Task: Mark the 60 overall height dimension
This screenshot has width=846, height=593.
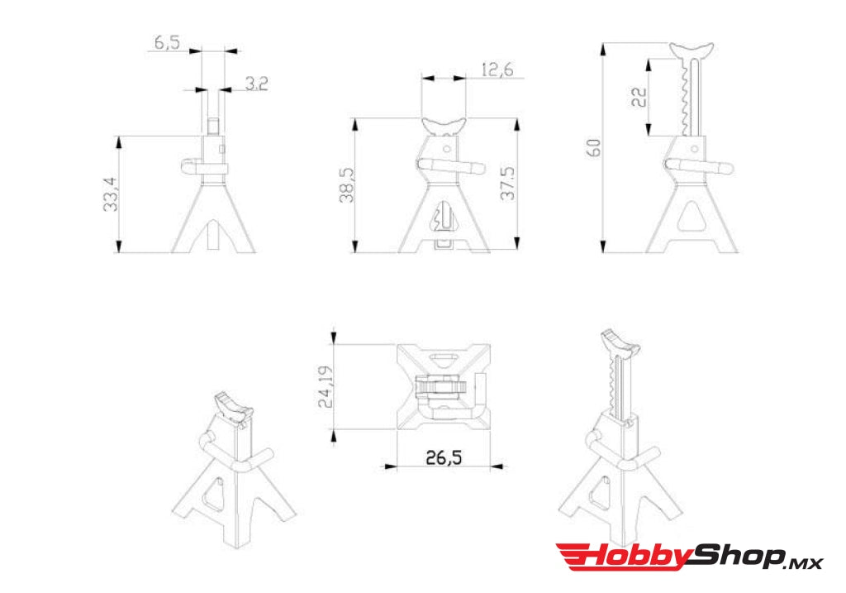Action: (593, 147)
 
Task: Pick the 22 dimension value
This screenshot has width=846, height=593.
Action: (639, 97)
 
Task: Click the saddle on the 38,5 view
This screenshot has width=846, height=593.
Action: (443, 127)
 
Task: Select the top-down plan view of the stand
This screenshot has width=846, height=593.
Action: (442, 386)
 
